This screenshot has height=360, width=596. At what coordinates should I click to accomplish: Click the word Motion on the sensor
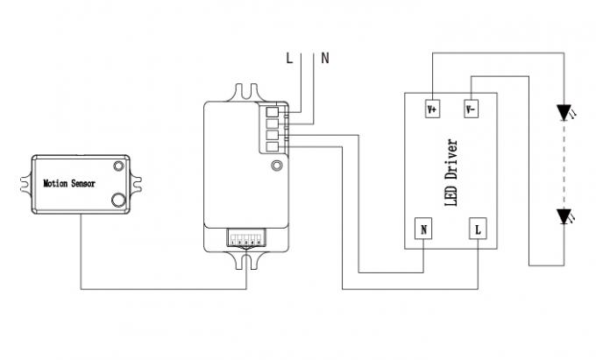57,185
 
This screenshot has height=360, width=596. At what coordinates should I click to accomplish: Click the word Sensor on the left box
85,185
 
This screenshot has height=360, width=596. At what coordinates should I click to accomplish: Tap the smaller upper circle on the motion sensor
117,166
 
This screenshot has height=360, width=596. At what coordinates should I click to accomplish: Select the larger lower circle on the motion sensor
117,201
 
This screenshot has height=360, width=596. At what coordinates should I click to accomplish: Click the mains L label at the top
289,59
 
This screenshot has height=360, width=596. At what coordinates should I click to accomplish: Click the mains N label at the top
325,59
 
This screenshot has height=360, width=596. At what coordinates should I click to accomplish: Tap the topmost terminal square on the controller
272,111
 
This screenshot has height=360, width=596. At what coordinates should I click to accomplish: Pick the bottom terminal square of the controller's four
272,147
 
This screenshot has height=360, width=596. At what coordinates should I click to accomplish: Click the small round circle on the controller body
277,166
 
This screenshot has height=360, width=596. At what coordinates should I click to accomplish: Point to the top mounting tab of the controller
245,91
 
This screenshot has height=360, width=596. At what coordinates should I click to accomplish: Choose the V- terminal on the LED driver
471,109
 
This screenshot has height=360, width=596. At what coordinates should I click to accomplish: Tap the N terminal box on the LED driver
424,229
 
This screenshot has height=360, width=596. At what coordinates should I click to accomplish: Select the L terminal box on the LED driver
478,229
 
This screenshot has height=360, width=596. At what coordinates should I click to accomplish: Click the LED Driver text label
452,172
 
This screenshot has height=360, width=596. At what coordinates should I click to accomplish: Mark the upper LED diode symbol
564,111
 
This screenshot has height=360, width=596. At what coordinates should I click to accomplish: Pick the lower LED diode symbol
564,215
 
